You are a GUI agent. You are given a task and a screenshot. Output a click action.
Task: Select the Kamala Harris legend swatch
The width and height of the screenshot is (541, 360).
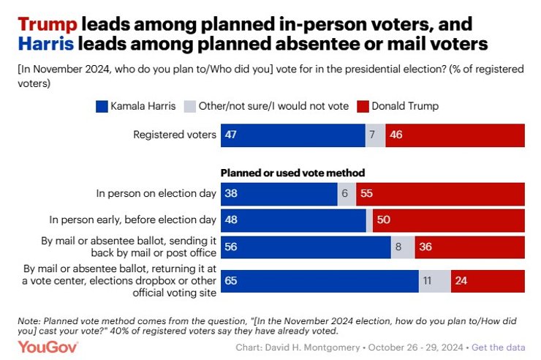[x=102, y=106]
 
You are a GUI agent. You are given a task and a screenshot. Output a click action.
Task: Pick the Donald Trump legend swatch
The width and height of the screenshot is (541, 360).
[x=362, y=106]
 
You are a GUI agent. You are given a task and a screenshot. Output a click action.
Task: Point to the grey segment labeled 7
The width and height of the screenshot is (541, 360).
[x=375, y=135]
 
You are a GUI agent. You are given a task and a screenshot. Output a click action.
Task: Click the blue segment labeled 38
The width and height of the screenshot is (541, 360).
[x=279, y=194]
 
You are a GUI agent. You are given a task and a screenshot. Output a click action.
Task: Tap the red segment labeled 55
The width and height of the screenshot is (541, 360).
[x=440, y=194]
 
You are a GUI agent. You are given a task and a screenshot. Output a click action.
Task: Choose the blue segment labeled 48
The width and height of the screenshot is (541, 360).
[x=293, y=220]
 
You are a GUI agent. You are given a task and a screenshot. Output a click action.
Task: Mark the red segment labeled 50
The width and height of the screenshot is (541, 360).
[x=448, y=220]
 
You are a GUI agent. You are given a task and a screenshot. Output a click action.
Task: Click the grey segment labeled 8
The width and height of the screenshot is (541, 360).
[x=402, y=247]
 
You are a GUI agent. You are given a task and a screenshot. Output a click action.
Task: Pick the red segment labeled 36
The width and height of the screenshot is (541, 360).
[x=469, y=247]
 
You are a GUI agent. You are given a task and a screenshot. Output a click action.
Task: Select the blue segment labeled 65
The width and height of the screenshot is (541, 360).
[x=319, y=280]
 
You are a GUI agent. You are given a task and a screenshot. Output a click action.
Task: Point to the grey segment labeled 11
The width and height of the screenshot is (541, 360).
[x=434, y=280]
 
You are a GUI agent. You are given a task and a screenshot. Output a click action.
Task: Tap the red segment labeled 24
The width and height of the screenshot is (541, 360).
[x=488, y=280]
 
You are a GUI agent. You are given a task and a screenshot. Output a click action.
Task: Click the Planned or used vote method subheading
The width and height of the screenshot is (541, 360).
[x=292, y=173]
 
